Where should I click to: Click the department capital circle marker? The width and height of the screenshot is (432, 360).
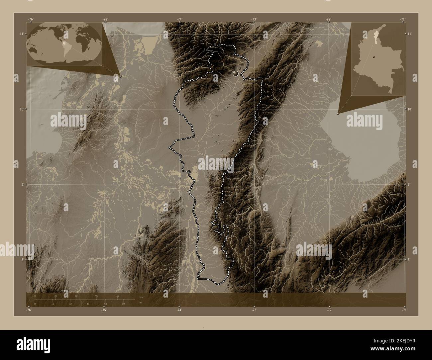236,73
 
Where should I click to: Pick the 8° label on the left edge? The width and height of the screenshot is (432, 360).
22,260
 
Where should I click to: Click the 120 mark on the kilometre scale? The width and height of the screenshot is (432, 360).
117,296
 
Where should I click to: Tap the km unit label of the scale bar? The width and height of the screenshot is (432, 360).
141,297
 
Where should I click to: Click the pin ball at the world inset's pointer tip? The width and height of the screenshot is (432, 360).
120,76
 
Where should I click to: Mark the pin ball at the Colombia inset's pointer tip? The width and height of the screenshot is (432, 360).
338,113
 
